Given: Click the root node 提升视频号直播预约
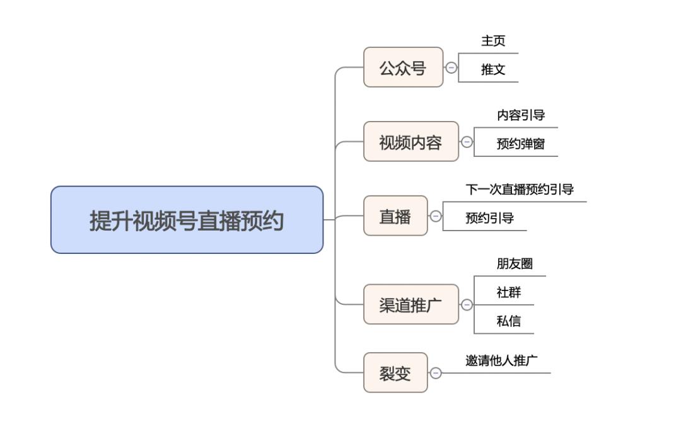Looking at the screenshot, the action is point(187,220).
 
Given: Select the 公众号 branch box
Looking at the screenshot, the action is point(403,67).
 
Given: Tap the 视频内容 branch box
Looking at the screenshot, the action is point(411,142).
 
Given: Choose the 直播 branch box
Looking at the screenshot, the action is point(395,215).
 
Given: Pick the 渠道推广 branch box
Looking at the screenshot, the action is point(411,304).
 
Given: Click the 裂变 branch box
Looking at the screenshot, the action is point(395,372).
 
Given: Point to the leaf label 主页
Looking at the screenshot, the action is point(493,41).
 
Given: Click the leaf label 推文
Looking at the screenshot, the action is point(493,69).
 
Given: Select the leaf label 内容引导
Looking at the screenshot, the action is point(521,115).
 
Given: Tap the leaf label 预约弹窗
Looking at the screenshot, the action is point(521,144).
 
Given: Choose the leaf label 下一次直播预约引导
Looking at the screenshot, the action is point(520,189).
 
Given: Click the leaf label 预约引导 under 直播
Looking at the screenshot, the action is point(489,218).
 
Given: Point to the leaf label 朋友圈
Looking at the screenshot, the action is point(515,263).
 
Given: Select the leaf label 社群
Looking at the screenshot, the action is point(509,292).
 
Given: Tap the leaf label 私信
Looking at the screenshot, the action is point(509,321).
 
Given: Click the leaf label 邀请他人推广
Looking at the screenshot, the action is point(501,360).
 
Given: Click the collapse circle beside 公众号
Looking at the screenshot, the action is point(451,67).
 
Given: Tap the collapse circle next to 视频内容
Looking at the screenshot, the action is point(467,142).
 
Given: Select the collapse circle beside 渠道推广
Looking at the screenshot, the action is point(467,305).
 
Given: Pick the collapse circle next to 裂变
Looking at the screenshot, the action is point(436,373).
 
